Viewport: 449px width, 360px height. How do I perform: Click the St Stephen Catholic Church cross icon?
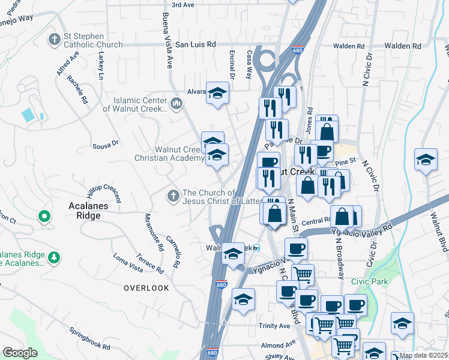coord(54,40)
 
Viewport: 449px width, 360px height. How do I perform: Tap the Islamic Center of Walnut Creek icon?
coord(176,104)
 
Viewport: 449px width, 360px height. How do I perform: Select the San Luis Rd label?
coord(195,44)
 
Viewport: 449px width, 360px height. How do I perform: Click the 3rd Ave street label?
coord(183,5)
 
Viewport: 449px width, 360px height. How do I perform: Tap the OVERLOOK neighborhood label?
coord(146,288)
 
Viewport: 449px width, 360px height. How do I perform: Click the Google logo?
coord(20,353)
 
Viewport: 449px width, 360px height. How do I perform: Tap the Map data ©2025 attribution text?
coord(424,356)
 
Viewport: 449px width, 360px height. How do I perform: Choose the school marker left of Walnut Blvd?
coord(426,160)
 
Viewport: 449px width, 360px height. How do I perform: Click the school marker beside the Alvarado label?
coord(217,93)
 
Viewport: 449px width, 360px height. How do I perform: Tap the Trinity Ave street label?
coord(275,326)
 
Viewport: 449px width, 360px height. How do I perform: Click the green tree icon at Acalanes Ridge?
coord(54,257)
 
